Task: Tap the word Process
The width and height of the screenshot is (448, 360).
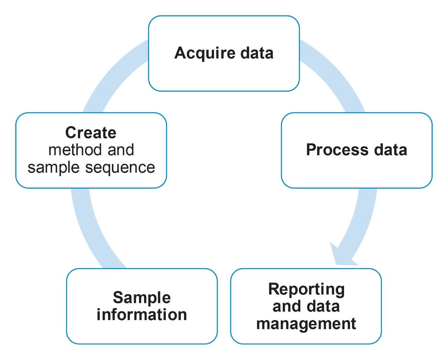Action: point(337,150)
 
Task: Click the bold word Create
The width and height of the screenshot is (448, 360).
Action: point(91,133)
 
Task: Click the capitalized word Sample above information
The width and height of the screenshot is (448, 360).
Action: point(142,298)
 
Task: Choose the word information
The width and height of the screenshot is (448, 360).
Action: point(142,314)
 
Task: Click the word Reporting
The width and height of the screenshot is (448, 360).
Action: point(306,289)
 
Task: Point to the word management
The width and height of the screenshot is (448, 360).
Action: point(306,323)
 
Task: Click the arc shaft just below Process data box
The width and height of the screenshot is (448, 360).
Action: point(364,210)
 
